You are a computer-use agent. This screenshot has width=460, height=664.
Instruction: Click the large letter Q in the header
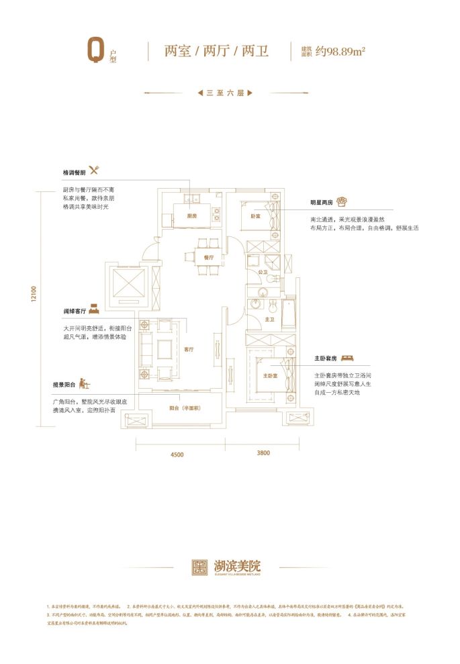point(96,51)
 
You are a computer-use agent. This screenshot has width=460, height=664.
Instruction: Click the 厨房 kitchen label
point(191,216)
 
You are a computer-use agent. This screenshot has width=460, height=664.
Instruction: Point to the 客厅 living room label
point(189,350)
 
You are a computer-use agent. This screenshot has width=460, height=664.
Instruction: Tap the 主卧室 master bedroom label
point(270,375)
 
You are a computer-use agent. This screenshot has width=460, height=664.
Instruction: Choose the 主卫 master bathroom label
point(269,320)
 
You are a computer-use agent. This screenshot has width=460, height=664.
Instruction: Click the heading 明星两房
point(322,202)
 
